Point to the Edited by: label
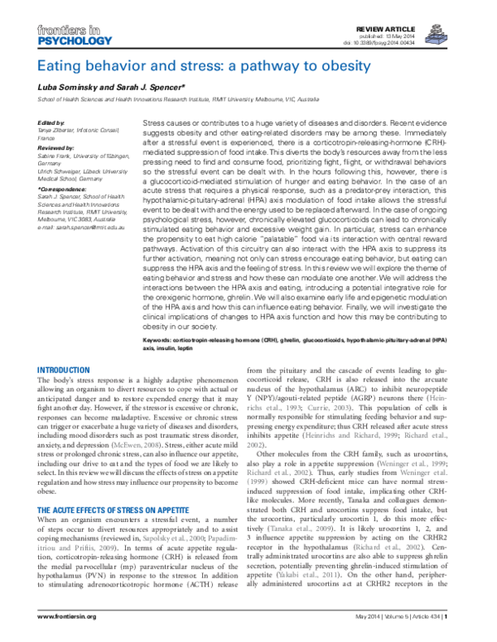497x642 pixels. click(x=51, y=122)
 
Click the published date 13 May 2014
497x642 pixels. click(x=431, y=35)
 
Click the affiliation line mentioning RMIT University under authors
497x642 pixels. click(x=178, y=99)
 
